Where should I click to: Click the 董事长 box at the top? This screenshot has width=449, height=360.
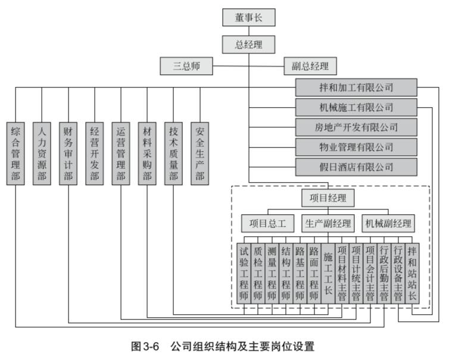point(249,17)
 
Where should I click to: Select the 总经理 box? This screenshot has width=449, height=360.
point(249,43)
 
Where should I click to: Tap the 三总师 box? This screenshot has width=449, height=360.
point(185,65)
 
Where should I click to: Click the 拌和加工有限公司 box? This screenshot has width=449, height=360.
point(356,87)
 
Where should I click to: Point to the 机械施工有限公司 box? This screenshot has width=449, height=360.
point(356,107)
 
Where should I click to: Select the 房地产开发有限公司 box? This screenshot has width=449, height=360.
point(356,127)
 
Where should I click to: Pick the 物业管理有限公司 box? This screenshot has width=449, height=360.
point(356,146)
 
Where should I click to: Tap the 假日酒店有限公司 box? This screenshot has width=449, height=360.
point(356,166)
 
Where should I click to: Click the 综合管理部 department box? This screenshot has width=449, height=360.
point(16,153)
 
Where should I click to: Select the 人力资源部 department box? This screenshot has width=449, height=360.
point(42,153)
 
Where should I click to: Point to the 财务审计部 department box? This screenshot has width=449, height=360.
point(68,153)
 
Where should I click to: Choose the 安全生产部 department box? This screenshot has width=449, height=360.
point(199,153)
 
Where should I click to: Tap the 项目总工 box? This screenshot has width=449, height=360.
point(268,224)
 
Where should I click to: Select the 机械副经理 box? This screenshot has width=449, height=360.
point(388,224)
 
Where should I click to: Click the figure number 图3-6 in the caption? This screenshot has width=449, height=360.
point(146,345)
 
